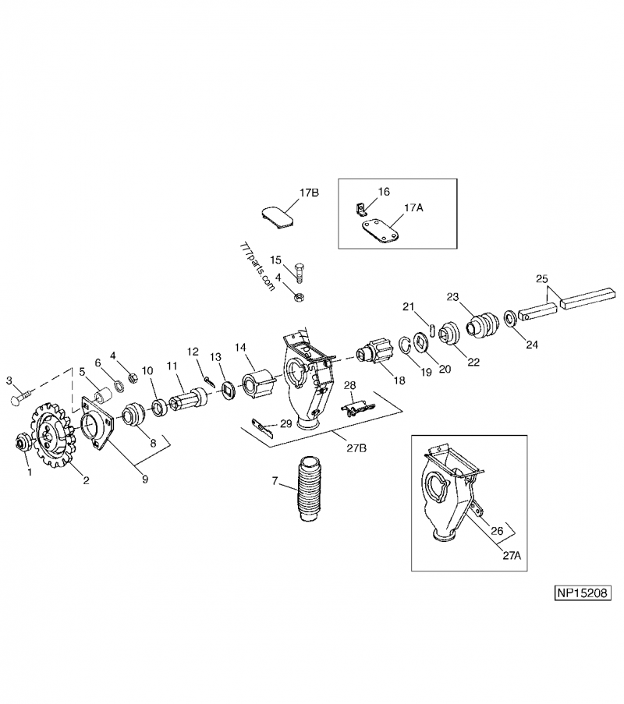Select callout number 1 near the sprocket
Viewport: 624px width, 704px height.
29,472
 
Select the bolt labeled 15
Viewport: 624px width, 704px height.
301,272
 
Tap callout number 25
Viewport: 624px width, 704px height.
542,278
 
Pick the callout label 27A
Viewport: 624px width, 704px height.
511,556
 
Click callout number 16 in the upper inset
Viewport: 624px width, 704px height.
384,191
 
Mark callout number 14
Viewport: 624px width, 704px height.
240,347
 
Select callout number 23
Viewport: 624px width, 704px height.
453,296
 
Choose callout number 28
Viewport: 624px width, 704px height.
350,386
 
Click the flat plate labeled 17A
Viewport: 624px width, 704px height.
380,232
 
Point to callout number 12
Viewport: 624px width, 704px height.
193,351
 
